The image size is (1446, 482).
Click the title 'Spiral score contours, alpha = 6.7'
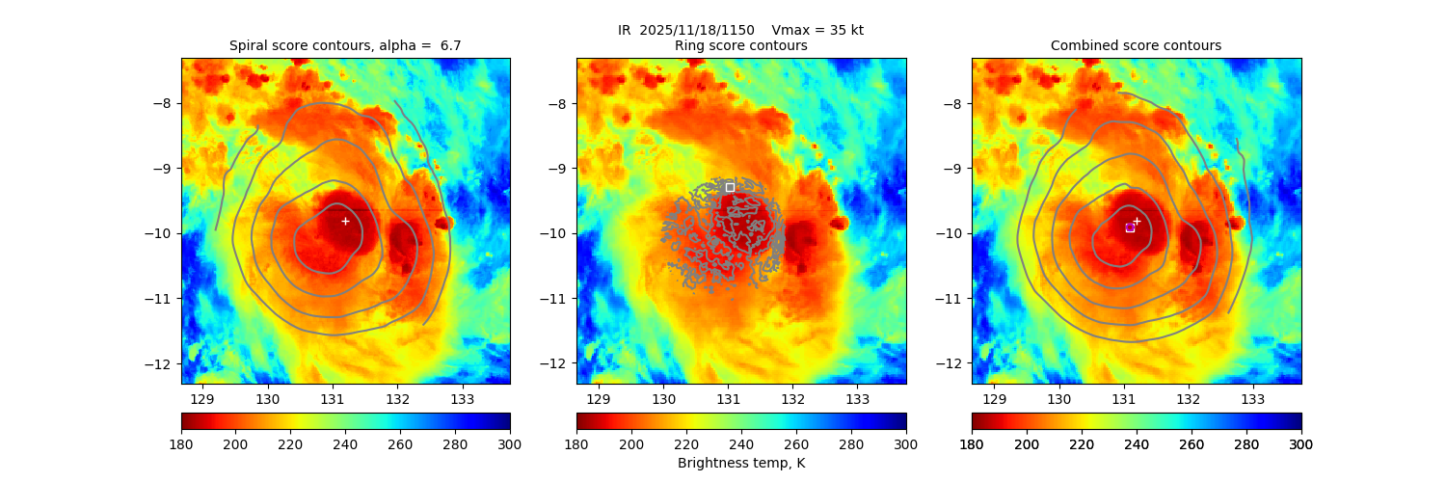pyautogui.click(x=345, y=45)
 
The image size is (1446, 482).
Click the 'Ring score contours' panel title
pyautogui.click(x=741, y=45)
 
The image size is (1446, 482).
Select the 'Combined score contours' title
pyautogui.click(x=1136, y=45)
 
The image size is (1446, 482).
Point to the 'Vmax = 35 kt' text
pyautogui.click(x=817, y=30)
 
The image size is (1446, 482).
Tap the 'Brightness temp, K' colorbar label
pyautogui.click(x=741, y=463)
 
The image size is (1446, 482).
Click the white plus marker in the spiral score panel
pyautogui.click(x=345, y=221)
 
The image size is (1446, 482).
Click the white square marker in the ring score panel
pyautogui.click(x=730, y=187)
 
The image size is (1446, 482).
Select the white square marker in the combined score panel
pyautogui.click(x=1130, y=228)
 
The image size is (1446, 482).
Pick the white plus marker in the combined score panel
pyautogui.click(x=1137, y=221)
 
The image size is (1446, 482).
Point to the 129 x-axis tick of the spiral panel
pyautogui.click(x=202, y=399)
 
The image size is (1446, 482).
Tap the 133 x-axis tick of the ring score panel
pyautogui.click(x=858, y=399)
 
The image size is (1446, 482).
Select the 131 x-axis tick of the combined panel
pyautogui.click(x=1124, y=399)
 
